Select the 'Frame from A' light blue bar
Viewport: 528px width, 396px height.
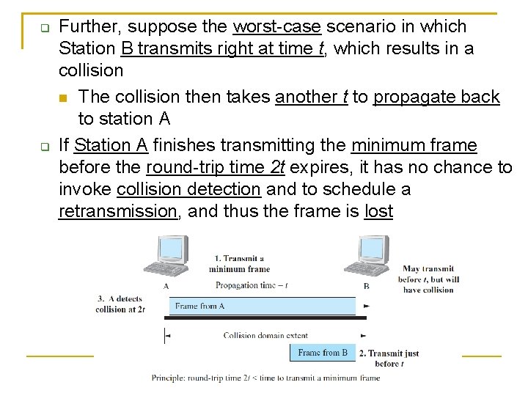pyautogui.click(x=262, y=306)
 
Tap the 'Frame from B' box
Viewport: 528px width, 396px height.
pyautogui.click(x=323, y=353)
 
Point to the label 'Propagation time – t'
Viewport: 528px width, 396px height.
pyautogui.click(x=252, y=286)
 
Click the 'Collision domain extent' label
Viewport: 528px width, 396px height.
pyautogui.click(x=265, y=335)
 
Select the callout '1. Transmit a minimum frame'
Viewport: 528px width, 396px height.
pyautogui.click(x=238, y=263)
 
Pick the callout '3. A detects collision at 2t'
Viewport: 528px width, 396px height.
pyautogui.click(x=120, y=304)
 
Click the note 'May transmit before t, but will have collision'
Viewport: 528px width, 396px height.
pyautogui.click(x=428, y=279)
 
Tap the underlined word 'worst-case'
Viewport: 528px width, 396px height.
pyautogui.click(x=276, y=26)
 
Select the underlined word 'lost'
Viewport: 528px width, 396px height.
pyautogui.click(x=378, y=212)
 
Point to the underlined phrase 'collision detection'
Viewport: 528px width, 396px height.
pyautogui.click(x=188, y=189)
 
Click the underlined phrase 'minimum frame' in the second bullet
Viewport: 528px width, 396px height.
pyautogui.click(x=414, y=145)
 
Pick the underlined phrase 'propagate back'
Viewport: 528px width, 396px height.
pyautogui.click(x=436, y=97)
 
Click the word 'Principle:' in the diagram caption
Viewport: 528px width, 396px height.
pyautogui.click(x=169, y=378)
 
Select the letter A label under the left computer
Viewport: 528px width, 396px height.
pyautogui.click(x=166, y=286)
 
